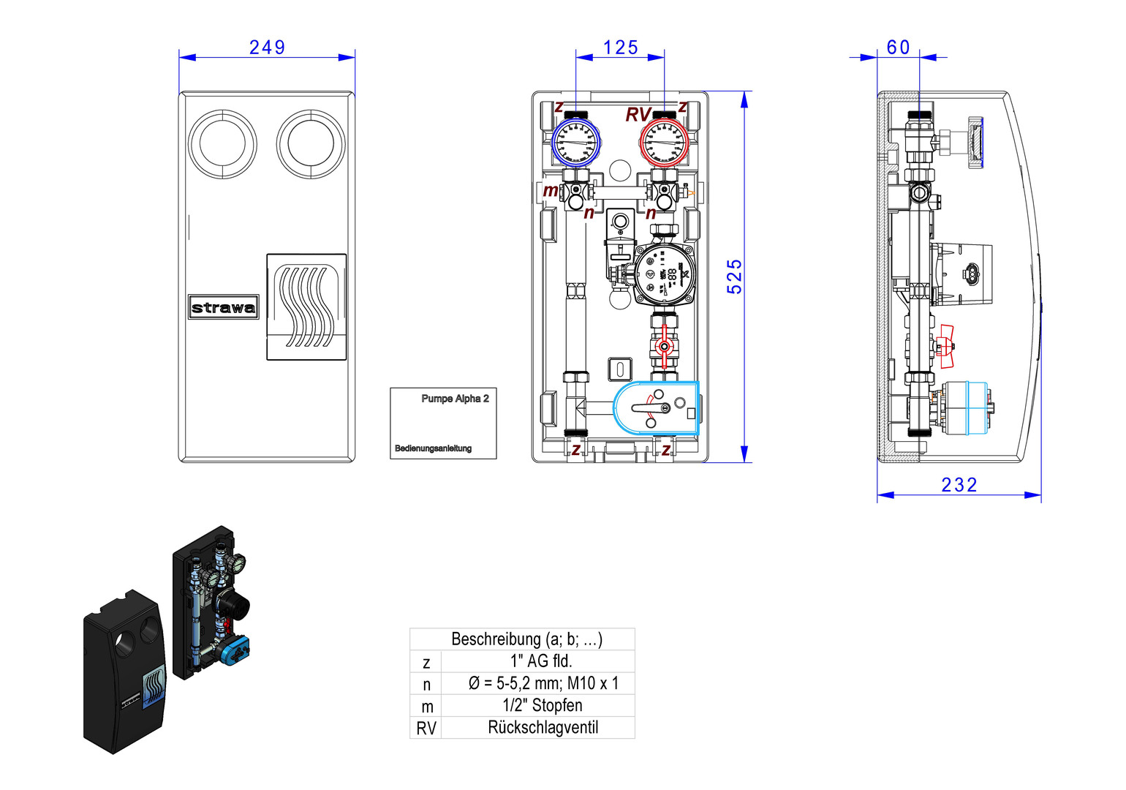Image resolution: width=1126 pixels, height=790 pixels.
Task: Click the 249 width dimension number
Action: pyautogui.click(x=267, y=48)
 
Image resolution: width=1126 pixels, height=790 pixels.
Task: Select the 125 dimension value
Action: pyautogui.click(x=620, y=48)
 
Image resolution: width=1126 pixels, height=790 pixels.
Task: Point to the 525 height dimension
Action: pyautogui.click(x=734, y=276)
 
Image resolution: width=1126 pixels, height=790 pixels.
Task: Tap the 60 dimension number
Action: pyautogui.click(x=898, y=48)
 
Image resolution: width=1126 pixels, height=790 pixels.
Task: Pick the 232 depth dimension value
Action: pyautogui.click(x=959, y=485)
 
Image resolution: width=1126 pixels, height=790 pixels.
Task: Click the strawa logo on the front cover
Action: pyautogui.click(x=223, y=307)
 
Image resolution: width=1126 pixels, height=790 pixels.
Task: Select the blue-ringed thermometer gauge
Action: pyautogui.click(x=575, y=142)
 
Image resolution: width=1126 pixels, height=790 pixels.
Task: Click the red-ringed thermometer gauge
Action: pyautogui.click(x=664, y=142)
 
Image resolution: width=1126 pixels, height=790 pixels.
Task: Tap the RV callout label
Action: pyautogui.click(x=638, y=115)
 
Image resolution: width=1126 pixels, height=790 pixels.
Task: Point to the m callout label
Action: pyautogui.click(x=550, y=191)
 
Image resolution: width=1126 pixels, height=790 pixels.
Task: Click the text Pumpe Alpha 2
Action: pyautogui.click(x=455, y=399)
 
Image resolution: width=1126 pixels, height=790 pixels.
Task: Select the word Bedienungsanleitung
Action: pyautogui.click(x=433, y=448)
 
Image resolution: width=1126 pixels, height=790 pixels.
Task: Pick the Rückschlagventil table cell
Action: pyautogui.click(x=543, y=728)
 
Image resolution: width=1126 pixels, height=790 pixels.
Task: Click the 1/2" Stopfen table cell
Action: pyautogui.click(x=543, y=706)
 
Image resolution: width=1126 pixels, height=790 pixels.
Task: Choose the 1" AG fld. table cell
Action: pyautogui.click(x=541, y=661)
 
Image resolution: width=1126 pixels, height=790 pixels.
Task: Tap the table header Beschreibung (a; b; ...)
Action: pyautogui.click(x=526, y=639)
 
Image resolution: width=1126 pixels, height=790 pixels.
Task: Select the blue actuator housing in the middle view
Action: pyautogui.click(x=656, y=408)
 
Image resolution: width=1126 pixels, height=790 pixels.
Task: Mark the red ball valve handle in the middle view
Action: pyautogui.click(x=663, y=347)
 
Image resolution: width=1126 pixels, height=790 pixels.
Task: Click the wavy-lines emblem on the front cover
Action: pyautogui.click(x=306, y=306)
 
